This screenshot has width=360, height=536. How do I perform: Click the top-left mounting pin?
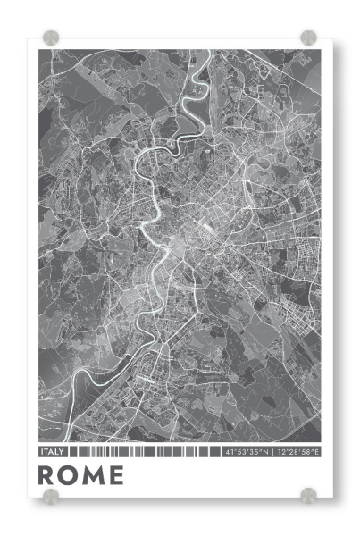tap(52, 37)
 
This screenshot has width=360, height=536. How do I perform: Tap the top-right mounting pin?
tap(308, 37)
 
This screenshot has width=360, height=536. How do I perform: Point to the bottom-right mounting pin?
tap(308, 495)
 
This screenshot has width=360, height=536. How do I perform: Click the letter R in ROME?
tap(47, 476)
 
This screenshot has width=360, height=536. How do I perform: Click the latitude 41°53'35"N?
tap(246, 453)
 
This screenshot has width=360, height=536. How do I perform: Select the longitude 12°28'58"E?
tap(297, 453)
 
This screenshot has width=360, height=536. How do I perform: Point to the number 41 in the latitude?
tap(228, 453)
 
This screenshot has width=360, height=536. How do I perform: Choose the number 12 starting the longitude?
tap(280, 453)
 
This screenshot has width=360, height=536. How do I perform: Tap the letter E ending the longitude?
tap(317, 453)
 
